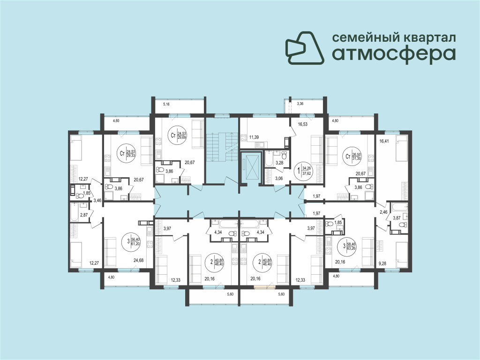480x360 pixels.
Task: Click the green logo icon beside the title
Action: coord(305,48)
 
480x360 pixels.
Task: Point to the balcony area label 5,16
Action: coord(166,105)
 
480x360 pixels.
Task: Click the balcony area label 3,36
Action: coord(300,104)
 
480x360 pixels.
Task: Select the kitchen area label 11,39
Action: coord(254,137)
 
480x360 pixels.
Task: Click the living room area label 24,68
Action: coord(138,261)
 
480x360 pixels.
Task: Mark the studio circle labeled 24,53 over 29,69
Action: coord(177,135)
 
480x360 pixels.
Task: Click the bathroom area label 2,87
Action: coord(84,215)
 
